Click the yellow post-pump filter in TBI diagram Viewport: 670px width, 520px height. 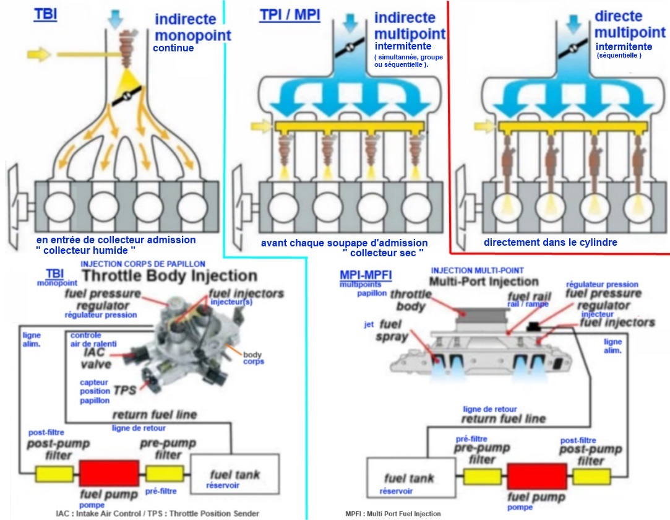54,474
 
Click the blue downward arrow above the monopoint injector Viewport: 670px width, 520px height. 115,19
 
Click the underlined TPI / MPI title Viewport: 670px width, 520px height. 290,14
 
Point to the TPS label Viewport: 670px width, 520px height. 125,391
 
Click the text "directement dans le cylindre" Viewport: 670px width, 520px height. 550,242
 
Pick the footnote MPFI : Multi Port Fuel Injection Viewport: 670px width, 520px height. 393,514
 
